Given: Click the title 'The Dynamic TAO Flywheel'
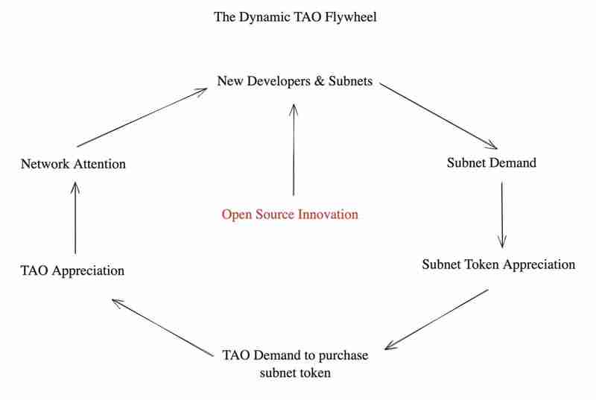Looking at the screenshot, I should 295,16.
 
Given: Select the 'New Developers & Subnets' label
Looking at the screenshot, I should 294,80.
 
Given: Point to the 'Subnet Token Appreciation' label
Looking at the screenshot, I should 498,264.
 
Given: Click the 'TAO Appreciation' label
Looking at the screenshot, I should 72,270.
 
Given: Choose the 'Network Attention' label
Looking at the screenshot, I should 73,164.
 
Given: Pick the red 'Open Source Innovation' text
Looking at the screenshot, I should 290,215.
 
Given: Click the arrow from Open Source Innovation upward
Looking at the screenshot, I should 294,149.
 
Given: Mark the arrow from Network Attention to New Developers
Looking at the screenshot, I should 142,116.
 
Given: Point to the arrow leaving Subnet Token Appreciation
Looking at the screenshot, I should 437,318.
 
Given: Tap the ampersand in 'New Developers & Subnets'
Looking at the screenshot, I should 318,80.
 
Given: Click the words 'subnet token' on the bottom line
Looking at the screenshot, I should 295,372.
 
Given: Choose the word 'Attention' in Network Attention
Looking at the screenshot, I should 99,164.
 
